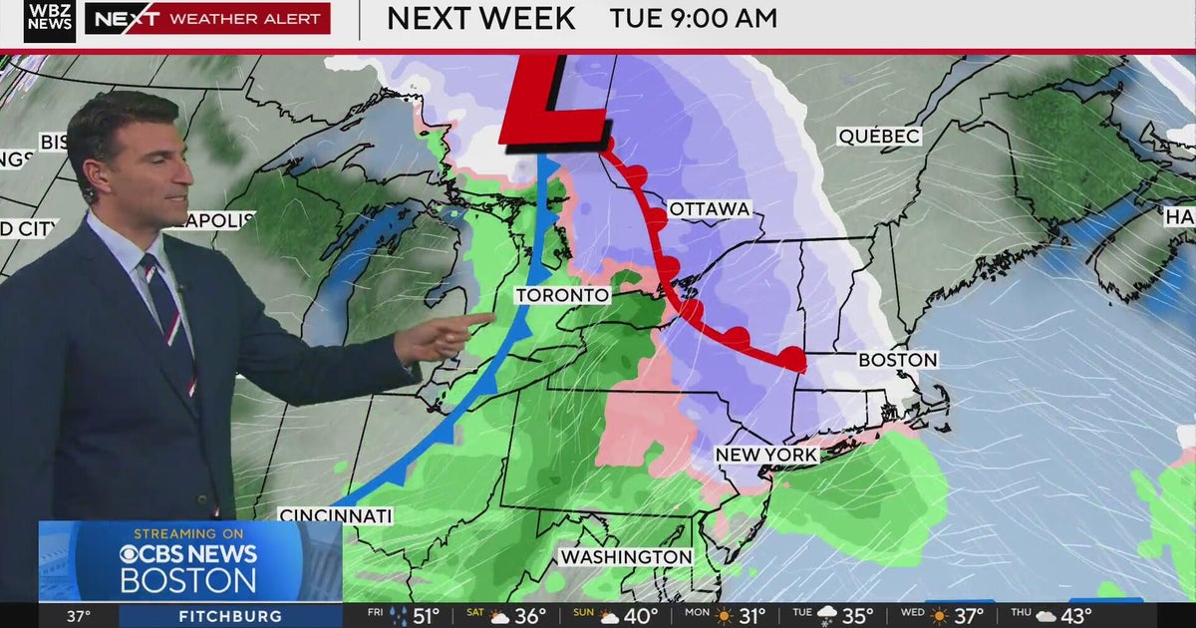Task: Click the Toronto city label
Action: (x=561, y=296)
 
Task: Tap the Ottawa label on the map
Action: (x=709, y=209)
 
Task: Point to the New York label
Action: (x=766, y=455)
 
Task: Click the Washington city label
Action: (x=625, y=556)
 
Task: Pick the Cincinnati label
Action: (x=336, y=515)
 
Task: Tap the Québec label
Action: (x=879, y=137)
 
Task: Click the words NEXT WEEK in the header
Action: (x=480, y=18)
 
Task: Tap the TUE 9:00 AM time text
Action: (x=693, y=18)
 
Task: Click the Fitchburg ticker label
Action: (x=230, y=616)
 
